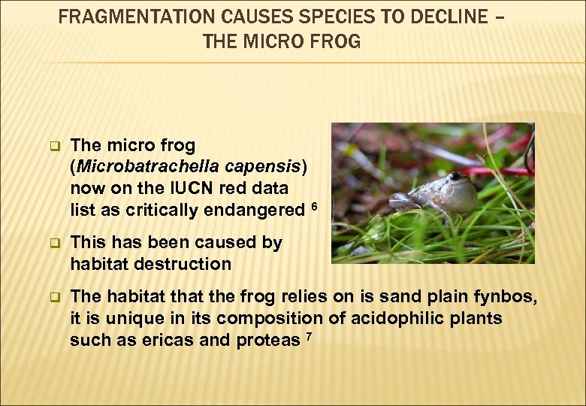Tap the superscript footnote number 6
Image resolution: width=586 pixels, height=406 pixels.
[314, 206]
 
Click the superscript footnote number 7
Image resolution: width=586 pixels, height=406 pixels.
[309, 335]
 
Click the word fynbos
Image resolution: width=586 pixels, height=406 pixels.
[508, 297]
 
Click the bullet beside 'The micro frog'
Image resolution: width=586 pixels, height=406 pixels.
[53, 145]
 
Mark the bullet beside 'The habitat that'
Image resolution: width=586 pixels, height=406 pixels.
[53, 298]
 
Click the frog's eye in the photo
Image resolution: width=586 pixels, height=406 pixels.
[455, 177]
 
